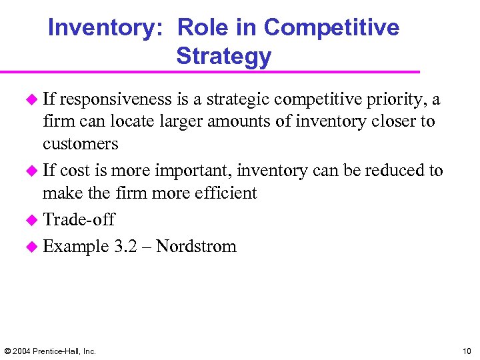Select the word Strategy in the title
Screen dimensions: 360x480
tap(223, 56)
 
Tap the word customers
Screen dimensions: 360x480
tap(80, 143)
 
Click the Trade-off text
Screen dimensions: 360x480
tap(79, 219)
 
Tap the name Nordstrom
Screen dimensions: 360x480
tap(196, 246)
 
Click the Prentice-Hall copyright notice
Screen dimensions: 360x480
tap(50, 351)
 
